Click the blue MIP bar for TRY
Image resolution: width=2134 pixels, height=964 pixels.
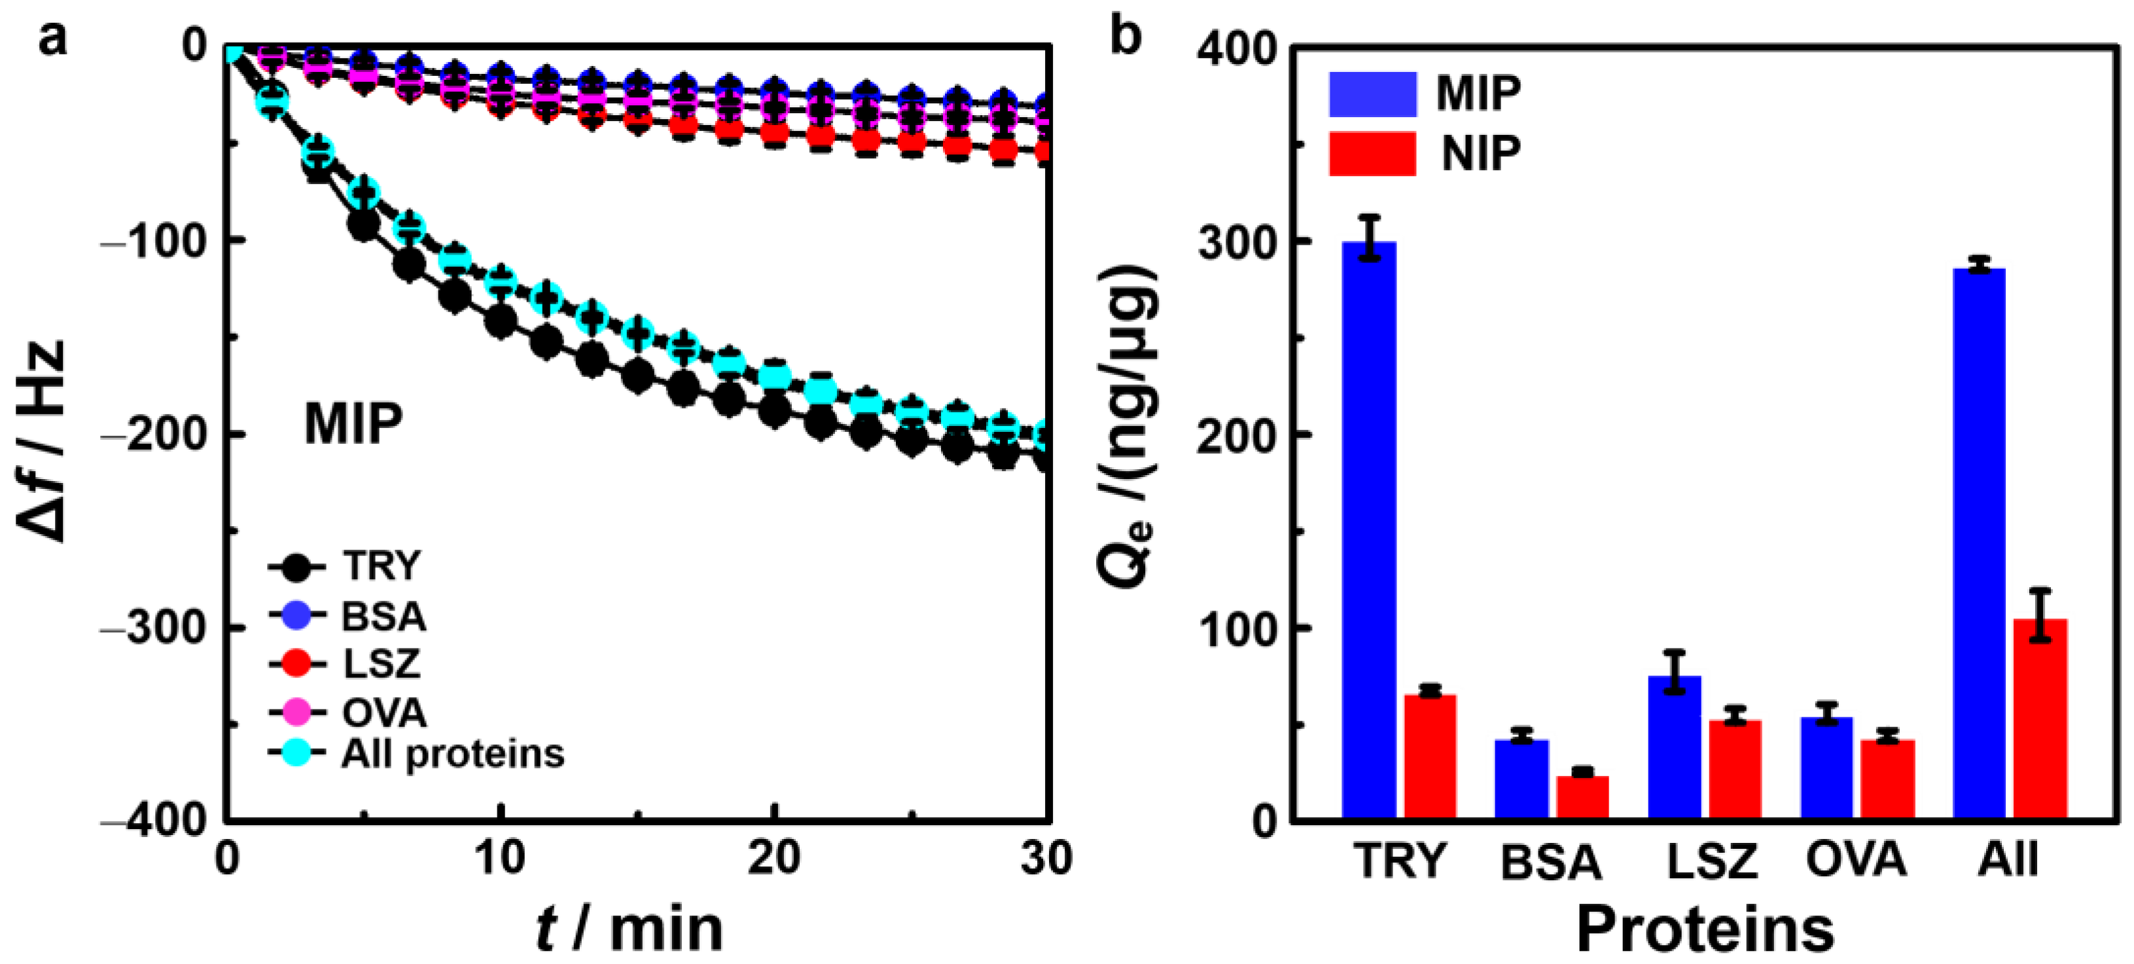1368,530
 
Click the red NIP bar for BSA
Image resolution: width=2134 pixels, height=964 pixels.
1583,796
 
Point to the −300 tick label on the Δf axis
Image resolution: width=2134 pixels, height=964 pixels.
153,628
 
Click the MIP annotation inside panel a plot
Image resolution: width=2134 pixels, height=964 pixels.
354,424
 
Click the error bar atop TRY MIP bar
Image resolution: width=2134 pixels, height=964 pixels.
1370,238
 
